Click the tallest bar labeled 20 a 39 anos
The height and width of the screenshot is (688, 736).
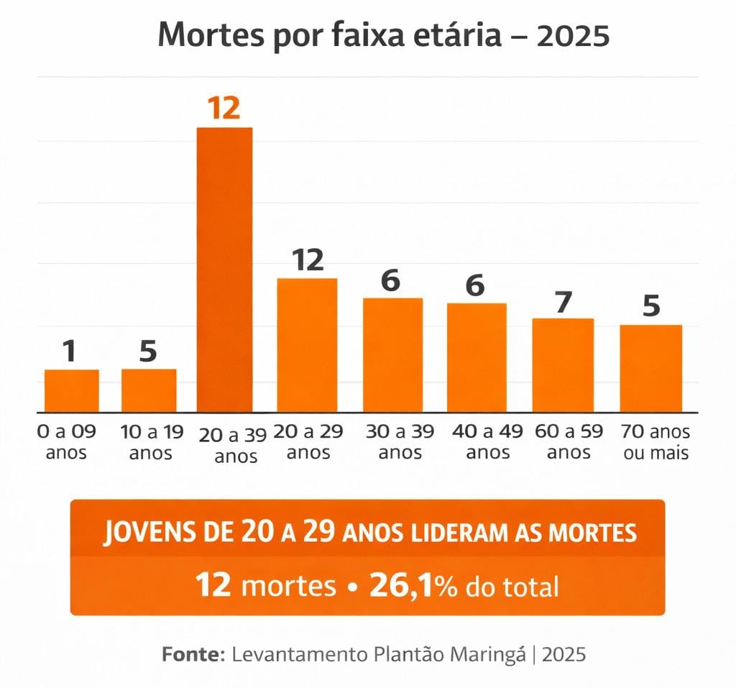tap(225, 270)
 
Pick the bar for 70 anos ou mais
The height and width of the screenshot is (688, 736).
tap(650, 368)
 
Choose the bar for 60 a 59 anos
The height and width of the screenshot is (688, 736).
tap(563, 365)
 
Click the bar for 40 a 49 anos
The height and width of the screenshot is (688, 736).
tap(477, 357)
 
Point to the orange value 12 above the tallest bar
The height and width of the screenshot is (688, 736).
tap(224, 109)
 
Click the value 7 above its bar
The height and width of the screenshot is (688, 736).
tap(563, 302)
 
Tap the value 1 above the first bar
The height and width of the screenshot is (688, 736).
tap(70, 352)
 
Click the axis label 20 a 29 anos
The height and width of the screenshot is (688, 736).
tap(308, 441)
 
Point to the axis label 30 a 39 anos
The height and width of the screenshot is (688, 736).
tap(395, 441)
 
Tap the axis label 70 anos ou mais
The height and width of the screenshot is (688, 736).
tap(655, 441)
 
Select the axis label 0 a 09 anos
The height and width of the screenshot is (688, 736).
tap(66, 441)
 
